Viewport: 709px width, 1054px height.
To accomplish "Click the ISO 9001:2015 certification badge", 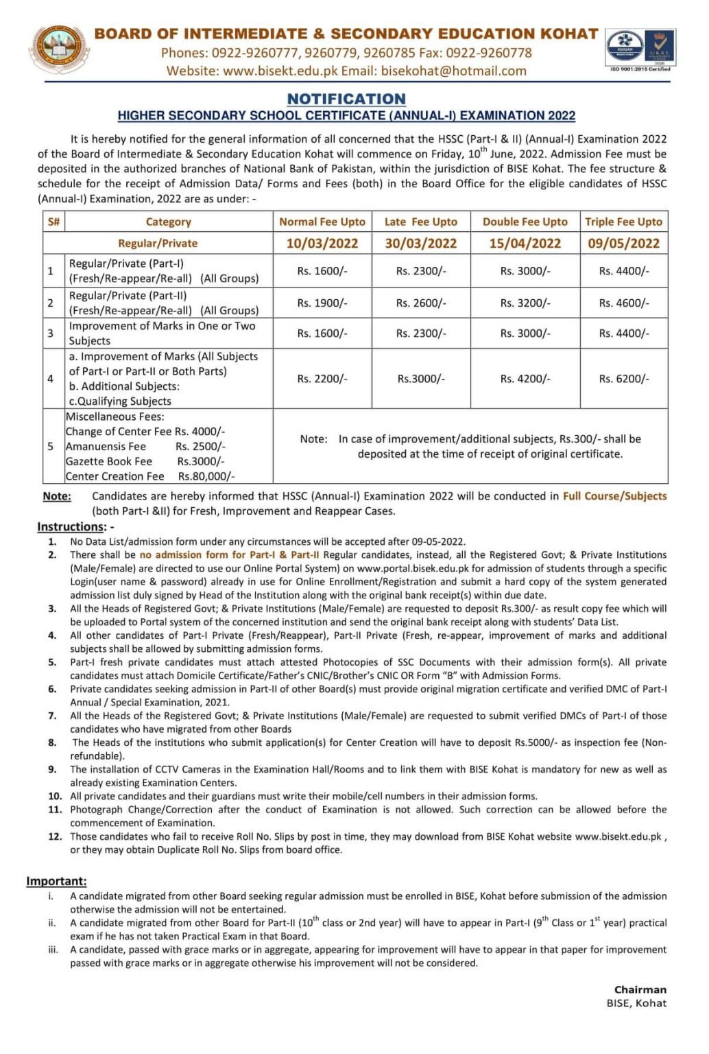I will (640, 49).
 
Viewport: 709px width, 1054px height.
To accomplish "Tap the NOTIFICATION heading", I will (346, 99).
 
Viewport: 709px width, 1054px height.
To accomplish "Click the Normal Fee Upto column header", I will (322, 222).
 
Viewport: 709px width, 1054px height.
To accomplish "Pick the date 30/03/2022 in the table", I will (420, 243).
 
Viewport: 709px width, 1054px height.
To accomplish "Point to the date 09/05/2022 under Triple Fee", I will (623, 243).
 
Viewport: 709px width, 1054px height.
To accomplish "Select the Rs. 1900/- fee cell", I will (322, 303).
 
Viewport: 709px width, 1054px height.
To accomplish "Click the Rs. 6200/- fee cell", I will (623, 378).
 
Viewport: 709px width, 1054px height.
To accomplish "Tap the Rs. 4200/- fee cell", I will (525, 378).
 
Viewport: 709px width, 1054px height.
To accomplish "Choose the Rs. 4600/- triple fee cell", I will (623, 303).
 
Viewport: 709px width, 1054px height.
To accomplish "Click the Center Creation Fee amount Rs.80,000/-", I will (206, 476).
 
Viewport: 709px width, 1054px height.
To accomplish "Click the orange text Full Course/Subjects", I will (614, 495).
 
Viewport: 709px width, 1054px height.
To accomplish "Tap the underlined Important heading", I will (56, 881).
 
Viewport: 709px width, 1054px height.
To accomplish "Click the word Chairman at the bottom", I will (640, 989).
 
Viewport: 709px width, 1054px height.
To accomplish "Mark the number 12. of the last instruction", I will (55, 836).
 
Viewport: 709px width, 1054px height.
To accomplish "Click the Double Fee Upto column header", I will (525, 222).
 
